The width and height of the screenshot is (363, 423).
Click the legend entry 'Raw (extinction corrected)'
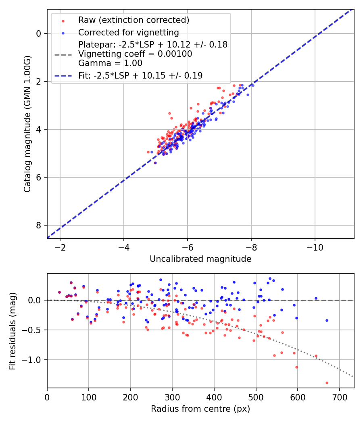133,20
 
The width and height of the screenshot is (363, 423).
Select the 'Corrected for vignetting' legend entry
128,32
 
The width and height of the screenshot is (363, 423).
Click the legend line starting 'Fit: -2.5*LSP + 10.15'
140,75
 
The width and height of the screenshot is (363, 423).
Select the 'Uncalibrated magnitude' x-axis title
200,259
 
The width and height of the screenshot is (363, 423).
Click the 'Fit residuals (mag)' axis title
13,331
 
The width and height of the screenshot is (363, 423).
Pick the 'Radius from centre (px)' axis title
200,409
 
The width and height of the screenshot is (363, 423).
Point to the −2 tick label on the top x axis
60,247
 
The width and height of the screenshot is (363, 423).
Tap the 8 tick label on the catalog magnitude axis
39,225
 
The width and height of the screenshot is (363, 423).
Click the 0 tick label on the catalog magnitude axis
39,33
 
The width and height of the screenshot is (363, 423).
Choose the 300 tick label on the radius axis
172,397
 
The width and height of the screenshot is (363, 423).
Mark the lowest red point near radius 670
327,383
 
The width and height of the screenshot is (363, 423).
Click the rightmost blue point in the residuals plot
327,320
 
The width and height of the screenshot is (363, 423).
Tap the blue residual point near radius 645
316,299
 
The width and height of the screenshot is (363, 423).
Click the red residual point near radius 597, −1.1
296,367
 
